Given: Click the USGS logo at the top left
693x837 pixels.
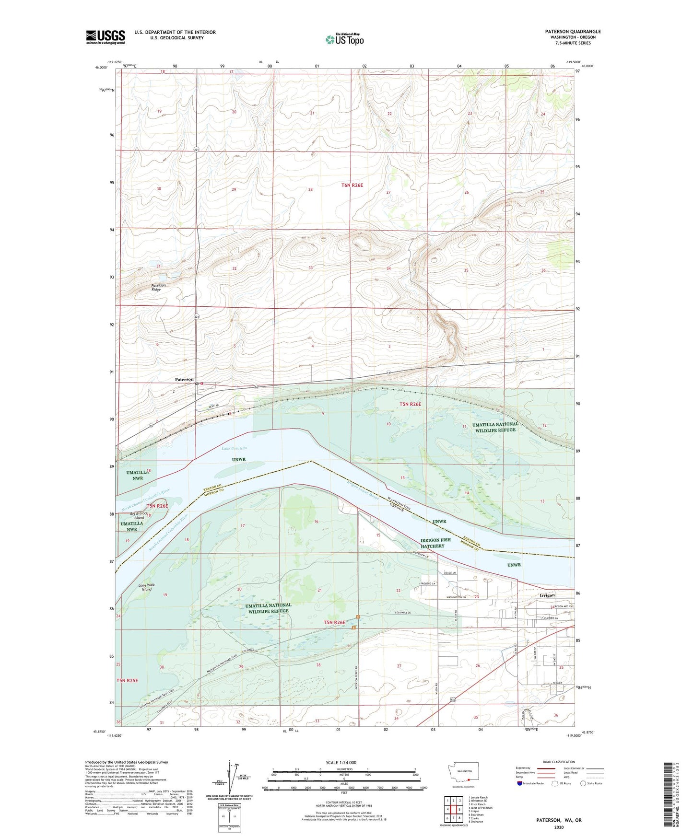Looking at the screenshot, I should tap(106, 37).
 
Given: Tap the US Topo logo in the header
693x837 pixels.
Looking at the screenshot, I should tap(345, 39).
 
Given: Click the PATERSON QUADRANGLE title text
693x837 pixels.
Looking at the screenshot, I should tap(573, 32).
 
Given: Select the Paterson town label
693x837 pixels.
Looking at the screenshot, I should tap(184, 379).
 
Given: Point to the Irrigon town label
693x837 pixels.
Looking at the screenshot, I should tap(547, 595).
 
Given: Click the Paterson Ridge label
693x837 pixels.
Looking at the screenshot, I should tap(159, 287).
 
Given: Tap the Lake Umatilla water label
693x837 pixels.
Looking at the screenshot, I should tap(234, 448).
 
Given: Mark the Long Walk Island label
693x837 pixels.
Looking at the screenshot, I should tap(147, 587).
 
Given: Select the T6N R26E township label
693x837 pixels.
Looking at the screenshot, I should tap(352, 185).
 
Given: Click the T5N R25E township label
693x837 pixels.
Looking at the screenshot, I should tap(127, 680).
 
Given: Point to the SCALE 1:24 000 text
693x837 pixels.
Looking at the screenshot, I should tap(341, 762).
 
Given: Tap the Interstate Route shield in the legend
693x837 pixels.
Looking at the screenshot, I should tap(520, 783).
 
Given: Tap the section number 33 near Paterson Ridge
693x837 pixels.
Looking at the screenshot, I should tap(311, 268).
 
